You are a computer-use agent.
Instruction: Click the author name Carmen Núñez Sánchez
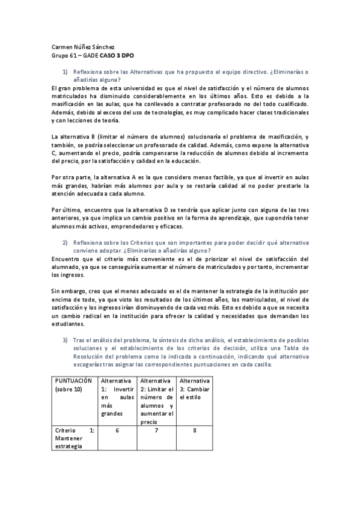click(x=82, y=45)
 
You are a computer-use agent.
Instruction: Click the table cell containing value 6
click(x=117, y=431)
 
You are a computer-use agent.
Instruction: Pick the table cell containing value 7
click(x=156, y=431)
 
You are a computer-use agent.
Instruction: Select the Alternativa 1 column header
click(x=117, y=398)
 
